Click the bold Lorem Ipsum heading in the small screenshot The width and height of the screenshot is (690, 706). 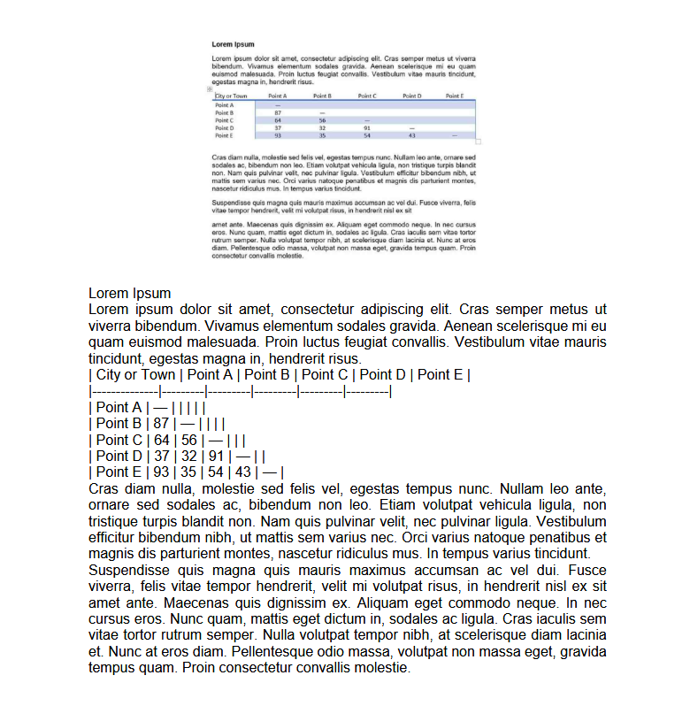click(x=233, y=44)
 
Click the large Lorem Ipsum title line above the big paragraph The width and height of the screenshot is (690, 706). click(x=129, y=293)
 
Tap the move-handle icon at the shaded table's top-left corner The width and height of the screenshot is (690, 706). click(x=209, y=89)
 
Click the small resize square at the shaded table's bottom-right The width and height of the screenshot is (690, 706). click(x=479, y=141)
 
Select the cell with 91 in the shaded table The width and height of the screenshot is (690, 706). click(x=366, y=128)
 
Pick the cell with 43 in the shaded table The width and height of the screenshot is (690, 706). click(x=411, y=135)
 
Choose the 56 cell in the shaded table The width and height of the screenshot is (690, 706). click(x=322, y=120)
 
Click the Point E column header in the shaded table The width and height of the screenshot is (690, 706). click(x=455, y=96)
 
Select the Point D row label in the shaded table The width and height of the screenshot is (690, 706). click(x=224, y=128)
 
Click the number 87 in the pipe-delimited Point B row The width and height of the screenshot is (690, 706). click(x=160, y=424)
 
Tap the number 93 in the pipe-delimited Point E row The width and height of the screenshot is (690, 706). click(x=160, y=472)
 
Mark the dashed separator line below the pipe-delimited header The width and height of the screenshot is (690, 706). click(x=240, y=390)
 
